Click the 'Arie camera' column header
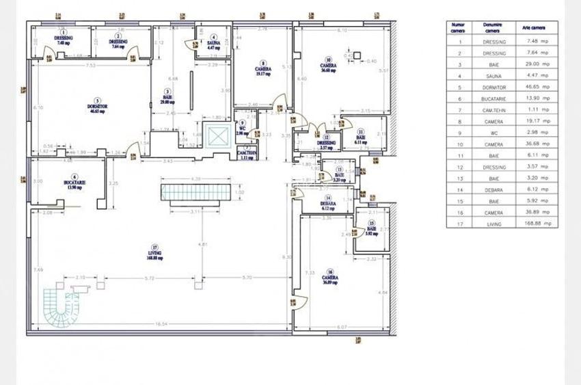(535, 27)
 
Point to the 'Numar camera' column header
(457, 27)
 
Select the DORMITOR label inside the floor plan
(100, 109)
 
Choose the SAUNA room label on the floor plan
(213, 44)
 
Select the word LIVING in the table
(494, 223)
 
